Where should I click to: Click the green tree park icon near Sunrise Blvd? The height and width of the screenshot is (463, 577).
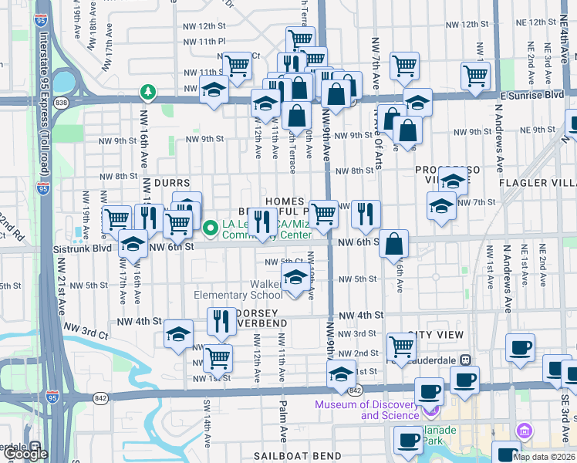click(147, 93)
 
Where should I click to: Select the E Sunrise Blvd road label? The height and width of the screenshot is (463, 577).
click(531, 94)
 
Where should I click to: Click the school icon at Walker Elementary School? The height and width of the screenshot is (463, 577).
click(295, 280)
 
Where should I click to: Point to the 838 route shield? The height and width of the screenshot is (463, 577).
click(62, 101)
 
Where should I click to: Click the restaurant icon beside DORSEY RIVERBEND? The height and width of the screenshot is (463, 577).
click(222, 320)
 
